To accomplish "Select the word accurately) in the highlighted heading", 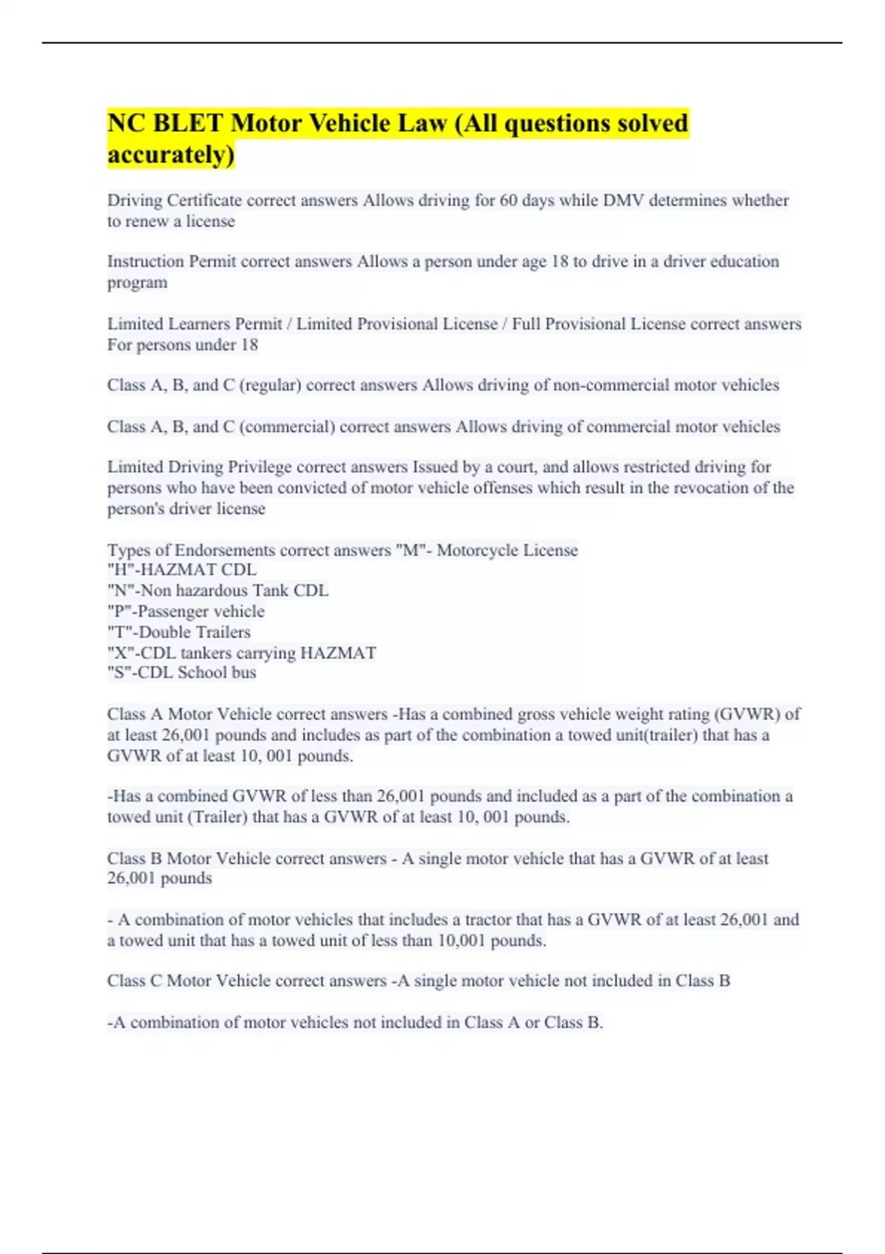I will click(171, 155).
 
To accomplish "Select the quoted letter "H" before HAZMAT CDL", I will click(121, 570).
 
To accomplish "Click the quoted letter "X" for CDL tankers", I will click(121, 653).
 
